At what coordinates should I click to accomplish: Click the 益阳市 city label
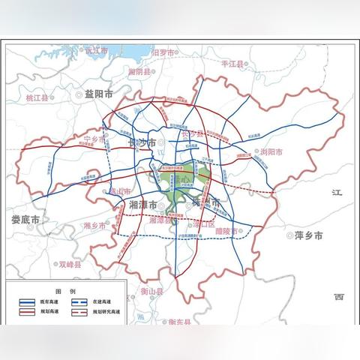tap(99, 94)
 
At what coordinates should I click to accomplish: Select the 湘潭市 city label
tap(142, 204)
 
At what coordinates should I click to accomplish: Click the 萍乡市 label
tap(308, 235)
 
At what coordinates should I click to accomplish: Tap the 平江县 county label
tap(233, 64)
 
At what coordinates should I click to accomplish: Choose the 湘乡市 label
tap(95, 226)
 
